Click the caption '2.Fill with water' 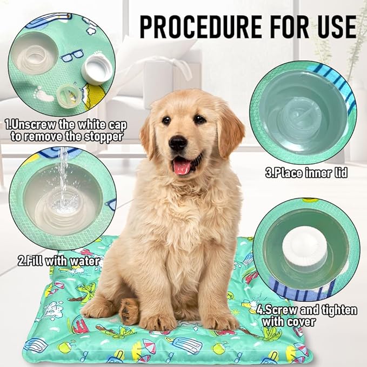[x=58, y=261]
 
